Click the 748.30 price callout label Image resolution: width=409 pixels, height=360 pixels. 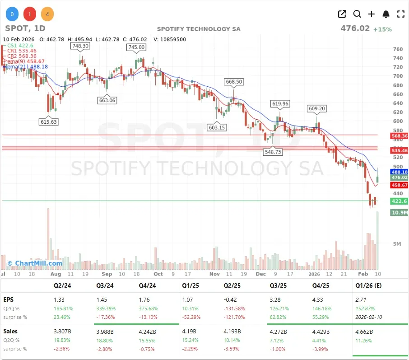[80, 46]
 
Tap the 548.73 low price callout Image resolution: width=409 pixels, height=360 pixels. [273, 152]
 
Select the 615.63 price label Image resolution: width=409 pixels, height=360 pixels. [49, 122]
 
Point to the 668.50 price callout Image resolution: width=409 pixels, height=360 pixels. [234, 82]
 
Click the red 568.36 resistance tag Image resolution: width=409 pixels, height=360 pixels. [399, 136]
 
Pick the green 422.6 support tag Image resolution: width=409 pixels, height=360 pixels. [399, 201]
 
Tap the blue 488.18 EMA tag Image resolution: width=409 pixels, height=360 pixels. [399, 172]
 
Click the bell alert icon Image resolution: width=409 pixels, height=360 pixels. [386, 14]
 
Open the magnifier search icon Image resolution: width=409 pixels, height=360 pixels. [357, 14]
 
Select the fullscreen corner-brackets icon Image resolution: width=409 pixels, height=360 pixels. [400, 14]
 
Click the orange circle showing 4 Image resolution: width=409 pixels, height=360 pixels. [47, 14]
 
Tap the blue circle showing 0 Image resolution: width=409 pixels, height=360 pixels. [12, 14]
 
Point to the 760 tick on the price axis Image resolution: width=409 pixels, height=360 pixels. [398, 49]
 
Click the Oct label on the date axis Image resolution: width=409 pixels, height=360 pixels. [158, 274]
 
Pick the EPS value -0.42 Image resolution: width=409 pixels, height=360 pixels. [231, 299]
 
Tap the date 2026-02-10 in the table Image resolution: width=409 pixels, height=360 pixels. [369, 317]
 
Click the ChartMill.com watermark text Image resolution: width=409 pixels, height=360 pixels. [35, 263]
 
